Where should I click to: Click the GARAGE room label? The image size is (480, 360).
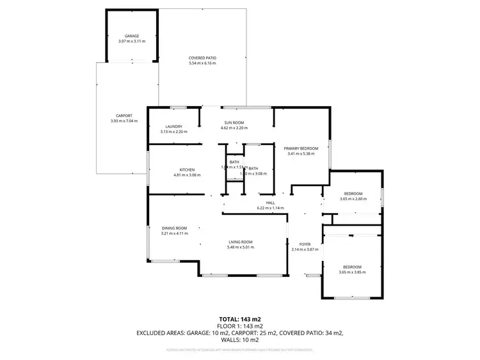tap(132, 36)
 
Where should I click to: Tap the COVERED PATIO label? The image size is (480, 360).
tap(202, 58)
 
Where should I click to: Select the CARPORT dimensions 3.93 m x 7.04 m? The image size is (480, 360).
tap(124, 120)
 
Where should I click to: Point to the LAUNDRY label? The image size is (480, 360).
tap(174, 127)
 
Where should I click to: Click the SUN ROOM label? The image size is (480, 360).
tap(234, 122)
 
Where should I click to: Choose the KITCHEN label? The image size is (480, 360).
tap(187, 169)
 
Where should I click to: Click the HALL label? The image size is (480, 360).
tap(270, 203)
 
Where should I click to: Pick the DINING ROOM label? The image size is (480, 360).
tap(174, 228)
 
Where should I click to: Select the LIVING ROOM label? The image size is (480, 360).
tap(241, 242)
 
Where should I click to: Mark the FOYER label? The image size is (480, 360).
tap(305, 244)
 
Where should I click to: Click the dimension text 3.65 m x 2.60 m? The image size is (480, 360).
tap(353, 198)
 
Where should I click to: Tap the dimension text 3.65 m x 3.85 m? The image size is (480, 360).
tap(352, 272)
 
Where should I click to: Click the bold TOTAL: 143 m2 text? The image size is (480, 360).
tap(239, 318)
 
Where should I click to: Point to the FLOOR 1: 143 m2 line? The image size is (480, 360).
tap(239, 325)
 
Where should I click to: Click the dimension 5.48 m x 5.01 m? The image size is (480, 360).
tap(241, 247)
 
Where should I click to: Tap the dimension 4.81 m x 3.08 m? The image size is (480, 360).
tap(187, 175)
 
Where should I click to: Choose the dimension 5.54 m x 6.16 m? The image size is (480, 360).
tap(202, 63)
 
